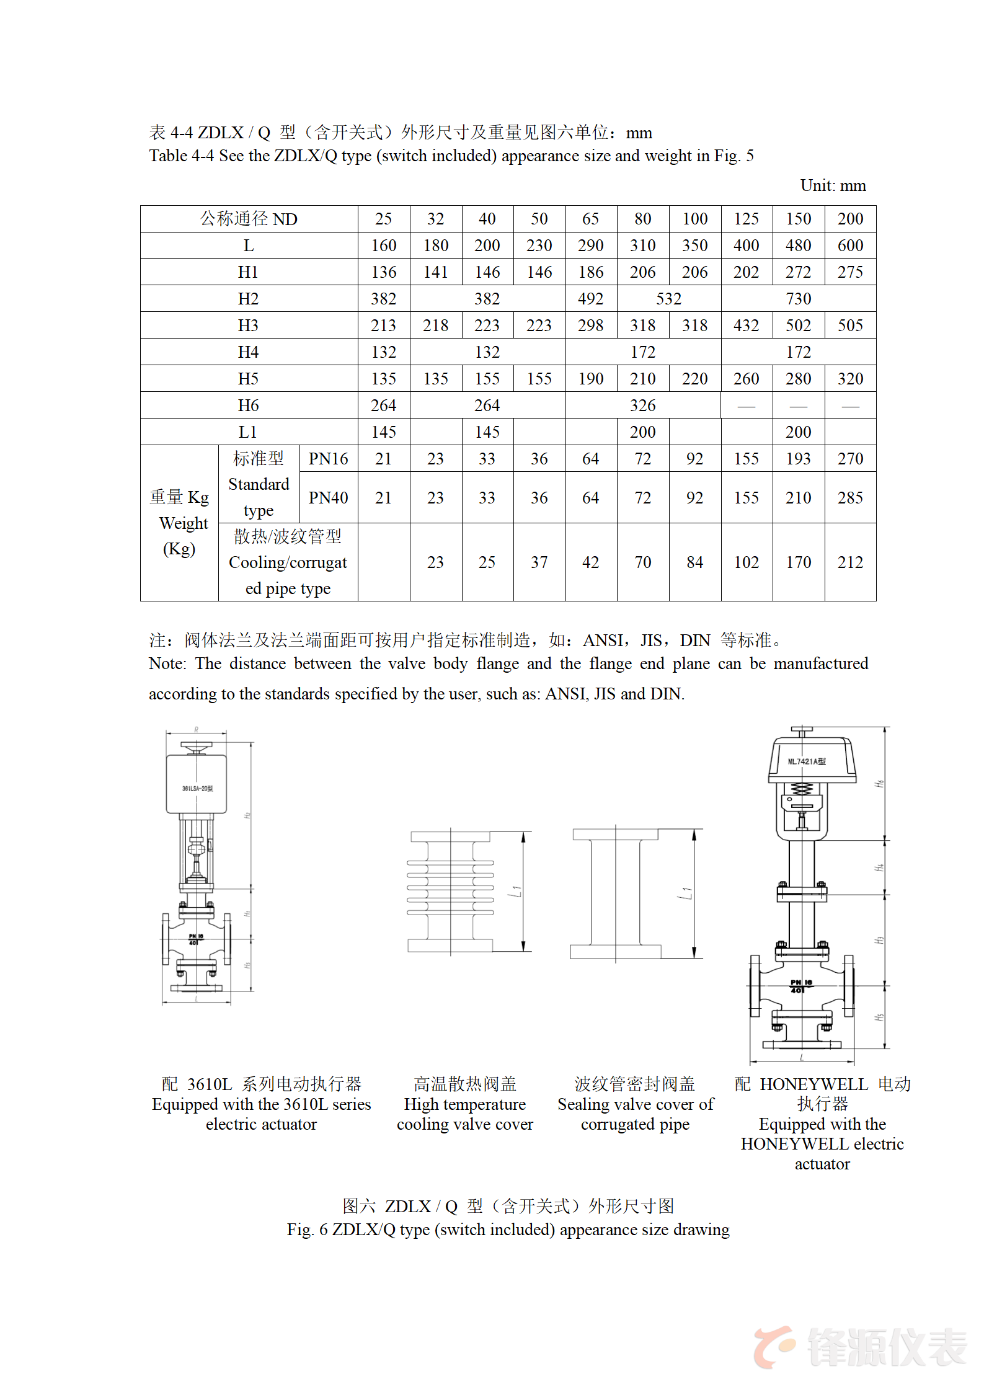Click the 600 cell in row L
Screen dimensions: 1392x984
[850, 246]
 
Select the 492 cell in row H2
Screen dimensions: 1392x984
[590, 299]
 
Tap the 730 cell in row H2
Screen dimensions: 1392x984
[798, 299]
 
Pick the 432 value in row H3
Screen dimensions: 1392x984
[746, 326]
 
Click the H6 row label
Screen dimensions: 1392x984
[248, 406]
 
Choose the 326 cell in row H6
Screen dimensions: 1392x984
[642, 406]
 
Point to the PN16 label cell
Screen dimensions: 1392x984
[328, 459]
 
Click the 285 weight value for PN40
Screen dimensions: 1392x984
[850, 498]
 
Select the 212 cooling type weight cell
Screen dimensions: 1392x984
[850, 562]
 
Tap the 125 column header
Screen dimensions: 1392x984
[746, 219]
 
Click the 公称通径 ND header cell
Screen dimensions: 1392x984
[249, 219]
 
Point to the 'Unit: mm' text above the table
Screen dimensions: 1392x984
[833, 185]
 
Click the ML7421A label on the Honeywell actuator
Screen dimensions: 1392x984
[806, 761]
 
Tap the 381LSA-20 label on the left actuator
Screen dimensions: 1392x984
[197, 789]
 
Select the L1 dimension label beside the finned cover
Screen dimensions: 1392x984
[516, 892]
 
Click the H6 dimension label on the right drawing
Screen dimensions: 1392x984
[879, 784]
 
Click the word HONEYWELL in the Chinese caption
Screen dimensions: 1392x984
[813, 1084]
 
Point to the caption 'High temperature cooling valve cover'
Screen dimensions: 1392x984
[464, 1114]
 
